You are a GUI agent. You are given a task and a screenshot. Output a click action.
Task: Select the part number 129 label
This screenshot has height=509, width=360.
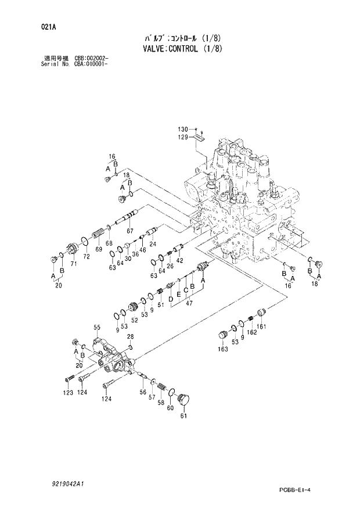tap(183, 137)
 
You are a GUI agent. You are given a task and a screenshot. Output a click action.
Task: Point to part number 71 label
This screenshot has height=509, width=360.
tap(74, 264)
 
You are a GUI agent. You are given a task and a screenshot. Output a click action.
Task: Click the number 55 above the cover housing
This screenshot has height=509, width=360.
tap(97, 327)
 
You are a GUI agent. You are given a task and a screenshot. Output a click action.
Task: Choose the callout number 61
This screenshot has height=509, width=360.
tap(183, 415)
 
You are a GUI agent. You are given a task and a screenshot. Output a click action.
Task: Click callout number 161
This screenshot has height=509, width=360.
tap(261, 326)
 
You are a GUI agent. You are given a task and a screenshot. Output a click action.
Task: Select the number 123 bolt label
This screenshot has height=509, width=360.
tap(68, 393)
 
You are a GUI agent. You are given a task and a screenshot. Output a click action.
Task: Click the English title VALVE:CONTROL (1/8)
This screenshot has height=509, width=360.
tap(182, 48)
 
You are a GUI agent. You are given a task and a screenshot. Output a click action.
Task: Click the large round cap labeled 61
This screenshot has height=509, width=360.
tap(185, 400)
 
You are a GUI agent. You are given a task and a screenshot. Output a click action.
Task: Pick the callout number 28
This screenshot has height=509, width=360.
tap(131, 337)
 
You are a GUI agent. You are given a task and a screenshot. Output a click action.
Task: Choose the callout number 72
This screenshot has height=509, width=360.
tap(86, 256)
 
